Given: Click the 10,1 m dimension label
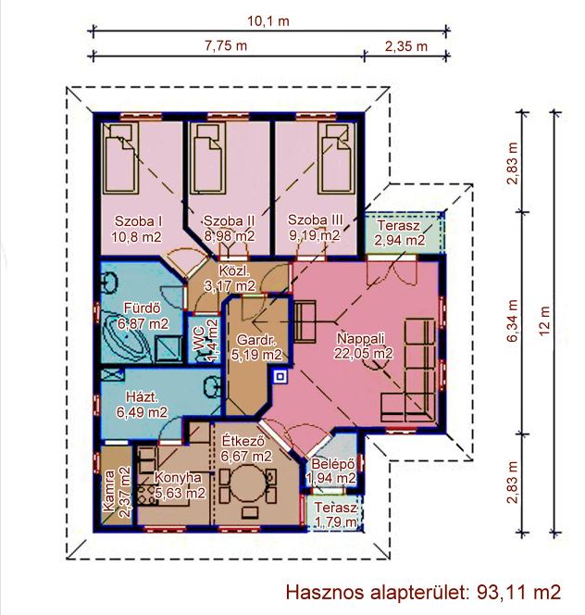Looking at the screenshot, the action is [x=268, y=20].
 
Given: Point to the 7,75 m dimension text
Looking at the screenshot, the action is [x=226, y=45].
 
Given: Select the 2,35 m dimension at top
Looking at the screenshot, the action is [x=405, y=46].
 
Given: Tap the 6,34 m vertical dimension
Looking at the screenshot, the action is [x=513, y=320].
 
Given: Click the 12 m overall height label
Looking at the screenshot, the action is [x=544, y=320].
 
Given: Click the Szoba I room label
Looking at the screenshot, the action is [x=139, y=220].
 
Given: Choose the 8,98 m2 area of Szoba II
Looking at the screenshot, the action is [x=230, y=236].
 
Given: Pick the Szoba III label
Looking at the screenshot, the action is [x=316, y=220].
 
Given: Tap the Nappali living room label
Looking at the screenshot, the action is [x=361, y=338].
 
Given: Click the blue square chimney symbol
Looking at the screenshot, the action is [x=280, y=377].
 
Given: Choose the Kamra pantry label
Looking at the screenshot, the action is [x=108, y=491].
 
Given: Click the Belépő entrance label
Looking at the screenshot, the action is [x=333, y=464].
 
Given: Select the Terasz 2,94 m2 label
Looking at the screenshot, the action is [x=399, y=233].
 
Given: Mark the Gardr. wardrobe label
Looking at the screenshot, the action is [x=256, y=340].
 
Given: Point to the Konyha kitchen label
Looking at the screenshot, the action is [x=179, y=477].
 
